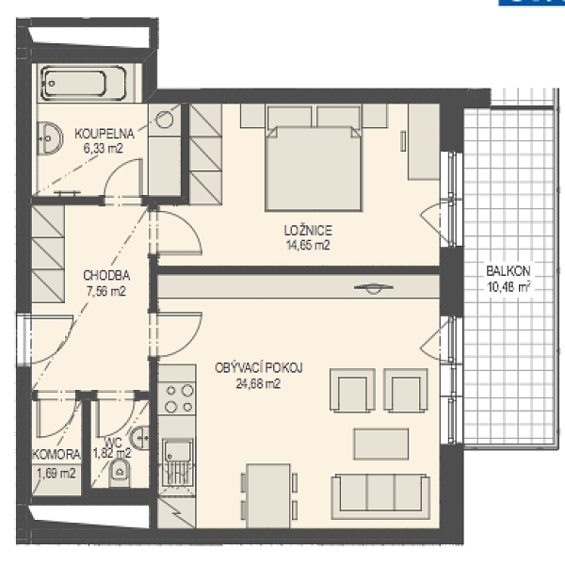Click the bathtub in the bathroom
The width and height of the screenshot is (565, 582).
coord(83,83)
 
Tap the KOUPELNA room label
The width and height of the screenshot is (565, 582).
coord(105,134)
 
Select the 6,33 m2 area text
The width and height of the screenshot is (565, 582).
coord(104,149)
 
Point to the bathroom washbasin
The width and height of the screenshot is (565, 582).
coord(50,138)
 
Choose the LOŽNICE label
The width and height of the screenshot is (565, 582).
coord(308,230)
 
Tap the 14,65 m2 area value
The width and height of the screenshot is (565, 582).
coord(308,245)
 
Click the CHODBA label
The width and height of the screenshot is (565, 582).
coord(106,275)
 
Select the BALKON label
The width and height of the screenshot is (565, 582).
coord(508,271)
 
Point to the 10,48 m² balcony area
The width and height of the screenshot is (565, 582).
coord(508,287)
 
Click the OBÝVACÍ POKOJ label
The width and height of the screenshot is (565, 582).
coord(259,367)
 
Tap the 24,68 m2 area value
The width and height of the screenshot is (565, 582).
coord(258,383)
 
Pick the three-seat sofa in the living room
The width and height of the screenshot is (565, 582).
coord(380,496)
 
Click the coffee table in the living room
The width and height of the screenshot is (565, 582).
coord(380,444)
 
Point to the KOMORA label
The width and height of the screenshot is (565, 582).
coord(56,454)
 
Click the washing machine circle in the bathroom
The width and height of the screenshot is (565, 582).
coord(164,120)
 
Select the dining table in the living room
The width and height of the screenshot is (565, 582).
coord(269,495)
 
